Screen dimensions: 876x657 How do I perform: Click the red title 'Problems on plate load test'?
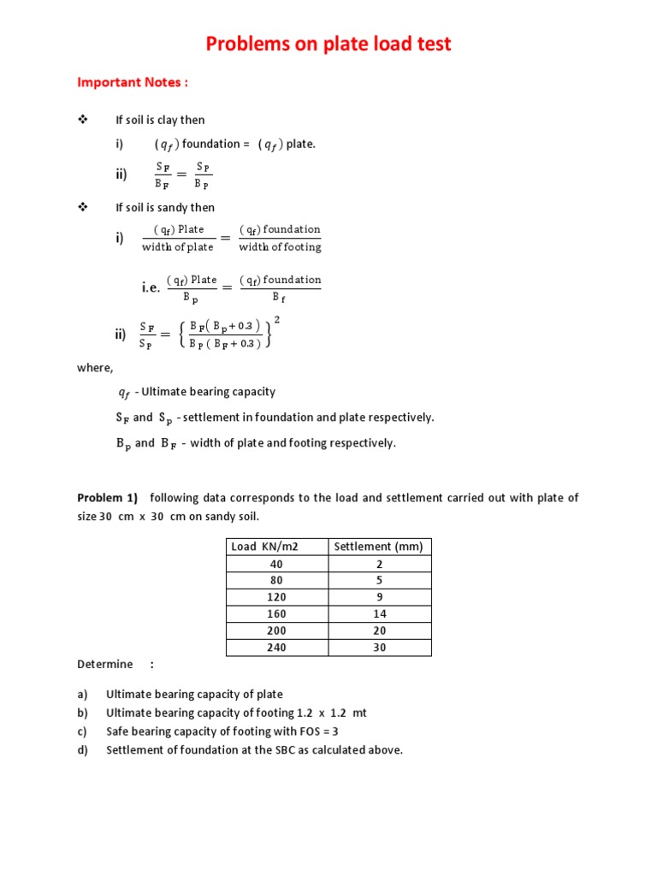[x=328, y=44]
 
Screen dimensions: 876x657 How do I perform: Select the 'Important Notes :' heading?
[x=133, y=82]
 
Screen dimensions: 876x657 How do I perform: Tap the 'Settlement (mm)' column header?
[x=378, y=547]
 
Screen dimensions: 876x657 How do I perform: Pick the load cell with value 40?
[x=275, y=564]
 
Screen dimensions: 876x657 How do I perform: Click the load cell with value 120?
[x=275, y=597]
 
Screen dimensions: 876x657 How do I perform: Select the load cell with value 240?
[x=275, y=648]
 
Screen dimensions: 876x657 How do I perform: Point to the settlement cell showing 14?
[x=379, y=614]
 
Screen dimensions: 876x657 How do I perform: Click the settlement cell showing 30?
[x=379, y=648]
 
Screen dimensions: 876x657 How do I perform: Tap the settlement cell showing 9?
[x=379, y=597]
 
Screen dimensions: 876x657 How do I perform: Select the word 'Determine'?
[x=105, y=664]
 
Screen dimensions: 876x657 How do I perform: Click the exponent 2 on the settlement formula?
[x=276, y=320]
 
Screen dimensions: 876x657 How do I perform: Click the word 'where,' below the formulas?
[x=95, y=367]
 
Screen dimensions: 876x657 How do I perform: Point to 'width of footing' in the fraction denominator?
[x=280, y=247]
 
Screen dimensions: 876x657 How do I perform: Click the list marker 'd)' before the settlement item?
[x=83, y=750]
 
